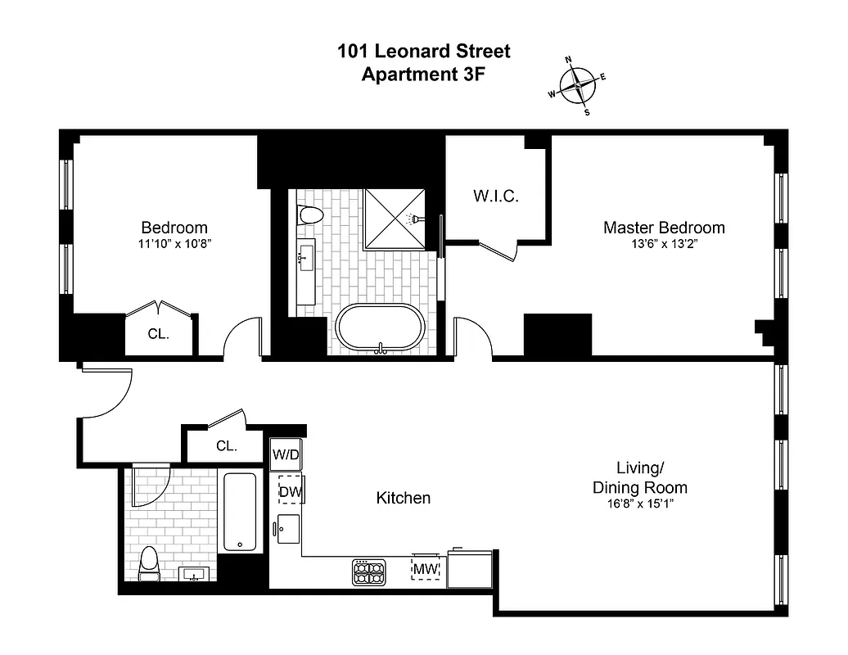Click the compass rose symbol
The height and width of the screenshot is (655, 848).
coord(577,84)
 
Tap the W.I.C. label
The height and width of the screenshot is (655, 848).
coord(496,196)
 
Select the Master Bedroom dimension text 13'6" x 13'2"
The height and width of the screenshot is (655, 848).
coord(664,244)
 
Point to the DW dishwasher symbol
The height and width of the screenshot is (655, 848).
coord(290,490)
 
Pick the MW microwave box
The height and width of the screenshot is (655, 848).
coord(425,568)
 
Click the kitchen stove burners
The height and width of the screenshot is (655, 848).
coord(368,571)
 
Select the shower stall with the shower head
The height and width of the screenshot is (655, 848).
coord(395,218)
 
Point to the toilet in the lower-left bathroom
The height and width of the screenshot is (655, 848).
coord(148,562)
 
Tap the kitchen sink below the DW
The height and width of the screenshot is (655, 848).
coord(288,529)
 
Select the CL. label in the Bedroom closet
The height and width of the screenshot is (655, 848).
coord(158,334)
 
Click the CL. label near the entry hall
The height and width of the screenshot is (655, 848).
coord(227,446)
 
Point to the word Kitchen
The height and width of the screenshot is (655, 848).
coord(403,498)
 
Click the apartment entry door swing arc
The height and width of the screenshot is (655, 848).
coord(108,393)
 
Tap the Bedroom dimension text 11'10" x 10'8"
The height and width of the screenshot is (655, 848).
coord(174,244)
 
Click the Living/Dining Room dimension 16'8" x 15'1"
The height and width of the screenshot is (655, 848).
coord(639,504)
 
